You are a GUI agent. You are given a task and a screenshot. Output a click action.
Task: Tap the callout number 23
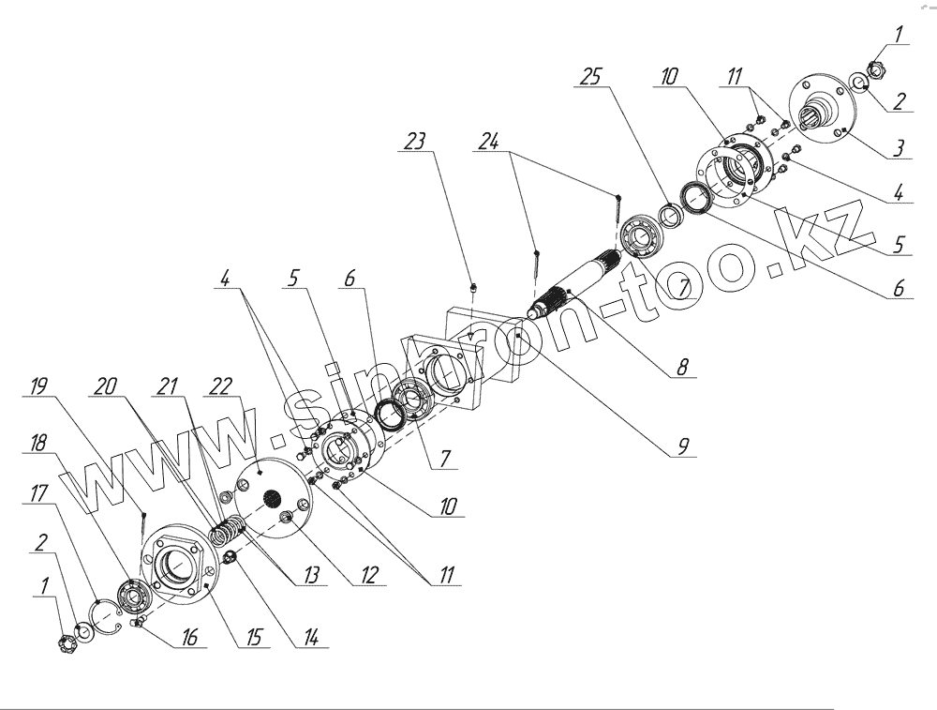415,141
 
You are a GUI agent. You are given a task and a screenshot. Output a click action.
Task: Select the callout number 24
488,141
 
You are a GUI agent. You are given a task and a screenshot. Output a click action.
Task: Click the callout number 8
682,369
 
